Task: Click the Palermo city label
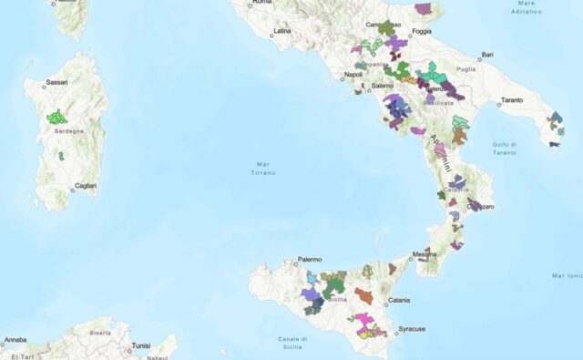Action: (310, 260)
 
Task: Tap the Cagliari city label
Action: (86, 186)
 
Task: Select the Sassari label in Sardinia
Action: (56, 82)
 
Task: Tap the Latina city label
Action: (281, 31)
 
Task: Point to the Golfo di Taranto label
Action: (504, 148)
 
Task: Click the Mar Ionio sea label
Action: (567, 274)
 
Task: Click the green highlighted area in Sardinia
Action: (57, 117)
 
